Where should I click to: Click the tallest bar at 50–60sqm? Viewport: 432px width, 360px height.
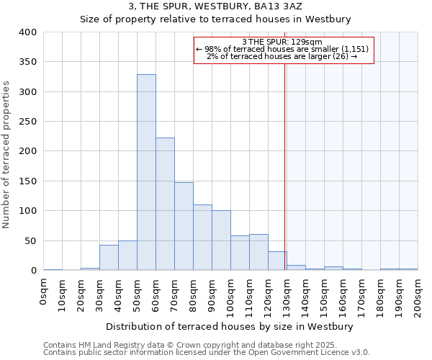(146, 173)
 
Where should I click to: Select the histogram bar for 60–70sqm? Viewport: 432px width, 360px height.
(165, 204)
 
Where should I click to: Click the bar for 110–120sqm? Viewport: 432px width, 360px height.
(258, 252)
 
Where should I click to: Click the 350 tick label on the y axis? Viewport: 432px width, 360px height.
(27, 63)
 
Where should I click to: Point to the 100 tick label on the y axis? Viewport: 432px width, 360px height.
(27, 211)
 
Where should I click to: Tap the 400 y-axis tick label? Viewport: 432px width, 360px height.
(27, 32)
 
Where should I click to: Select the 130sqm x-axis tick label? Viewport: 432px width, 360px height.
(287, 293)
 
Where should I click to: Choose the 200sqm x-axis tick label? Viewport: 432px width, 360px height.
(418, 293)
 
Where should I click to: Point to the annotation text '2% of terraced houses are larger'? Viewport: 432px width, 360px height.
(282, 56)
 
